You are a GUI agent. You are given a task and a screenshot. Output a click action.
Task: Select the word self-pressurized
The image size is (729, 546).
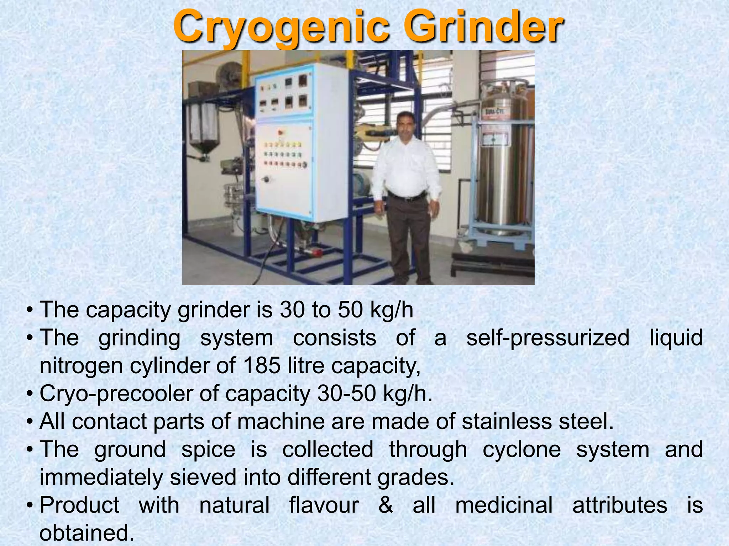pos(548,338)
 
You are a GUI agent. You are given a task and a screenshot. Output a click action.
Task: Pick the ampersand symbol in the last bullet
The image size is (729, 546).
pos(386,505)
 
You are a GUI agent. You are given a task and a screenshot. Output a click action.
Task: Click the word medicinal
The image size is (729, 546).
pos(504,505)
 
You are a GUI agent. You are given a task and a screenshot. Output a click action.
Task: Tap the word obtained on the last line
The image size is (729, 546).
pos(87,533)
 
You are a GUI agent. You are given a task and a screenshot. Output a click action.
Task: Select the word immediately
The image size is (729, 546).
pos(101,477)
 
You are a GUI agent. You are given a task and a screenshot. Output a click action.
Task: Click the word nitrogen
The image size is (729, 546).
pos(81,366)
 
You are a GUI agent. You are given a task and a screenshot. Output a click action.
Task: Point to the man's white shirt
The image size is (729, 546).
pos(406,167)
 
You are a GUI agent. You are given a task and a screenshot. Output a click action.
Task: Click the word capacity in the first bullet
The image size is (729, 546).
pos(128,310)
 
